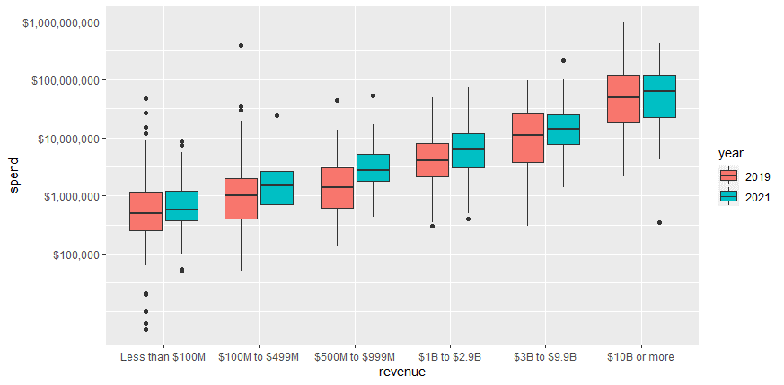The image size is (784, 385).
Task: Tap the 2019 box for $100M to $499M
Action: coord(241,199)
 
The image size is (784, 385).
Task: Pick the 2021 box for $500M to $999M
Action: coord(373,167)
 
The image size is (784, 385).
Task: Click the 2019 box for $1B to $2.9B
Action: coord(432,160)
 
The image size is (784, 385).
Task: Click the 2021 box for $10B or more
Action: coord(659,96)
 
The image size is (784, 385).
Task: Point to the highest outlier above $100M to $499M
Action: coord(241,45)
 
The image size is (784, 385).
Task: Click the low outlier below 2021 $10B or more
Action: coord(659,222)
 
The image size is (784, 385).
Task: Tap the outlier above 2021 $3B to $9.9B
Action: coord(564,60)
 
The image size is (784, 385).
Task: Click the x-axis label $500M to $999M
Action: coord(355,357)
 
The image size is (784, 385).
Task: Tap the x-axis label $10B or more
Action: coord(640,357)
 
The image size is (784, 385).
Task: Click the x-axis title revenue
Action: coord(401,372)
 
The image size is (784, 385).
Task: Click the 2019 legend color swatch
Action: coord(728,175)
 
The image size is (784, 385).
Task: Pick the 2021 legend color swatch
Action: coord(728,196)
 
